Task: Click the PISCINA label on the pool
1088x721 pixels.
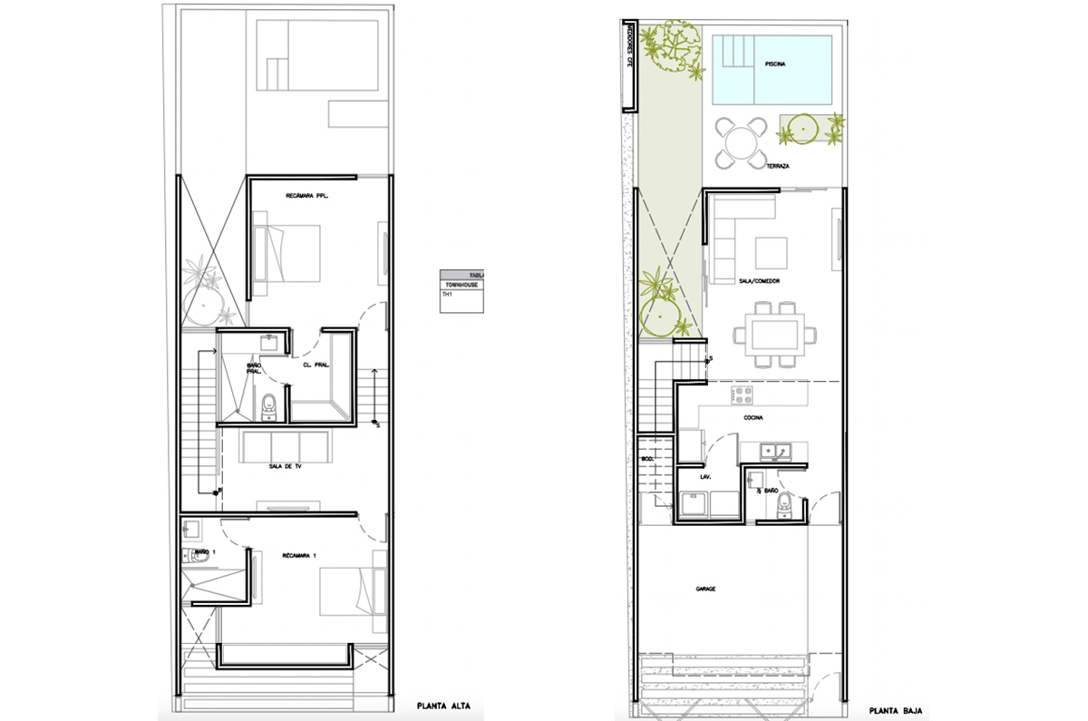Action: pos(774,65)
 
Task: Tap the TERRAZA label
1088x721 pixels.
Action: pos(777,167)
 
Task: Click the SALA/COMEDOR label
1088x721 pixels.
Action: pos(760,282)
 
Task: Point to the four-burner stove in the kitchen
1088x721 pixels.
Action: pos(743,395)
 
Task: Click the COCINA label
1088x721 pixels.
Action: pos(753,418)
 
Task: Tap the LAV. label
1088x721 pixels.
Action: pos(704,475)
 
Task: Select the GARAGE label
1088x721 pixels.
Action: pos(705,589)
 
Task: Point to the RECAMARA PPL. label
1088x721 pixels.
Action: pos(306,195)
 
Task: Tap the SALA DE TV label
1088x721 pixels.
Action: pos(286,466)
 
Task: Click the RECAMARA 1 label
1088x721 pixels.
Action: pos(300,554)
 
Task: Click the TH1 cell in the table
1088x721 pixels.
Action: pos(447,295)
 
